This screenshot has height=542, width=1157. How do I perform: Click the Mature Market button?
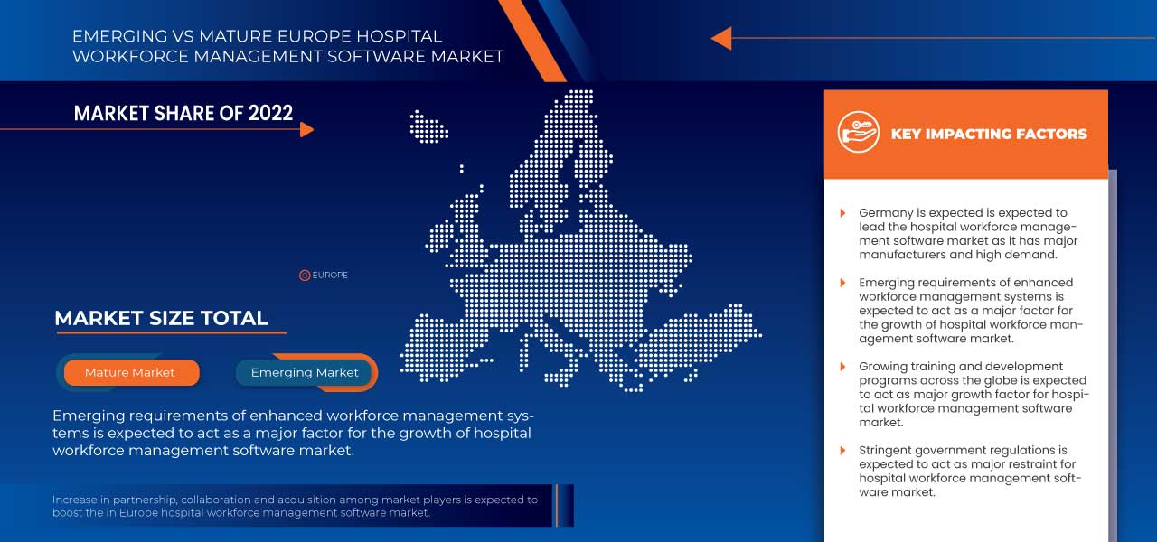pos(131,372)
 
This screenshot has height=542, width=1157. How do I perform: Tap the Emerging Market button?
pos(305,372)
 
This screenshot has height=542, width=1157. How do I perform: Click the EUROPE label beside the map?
pos(330,276)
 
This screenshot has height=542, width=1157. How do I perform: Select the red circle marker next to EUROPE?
pos(305,276)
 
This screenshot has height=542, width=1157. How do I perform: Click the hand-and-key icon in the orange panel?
pos(859,132)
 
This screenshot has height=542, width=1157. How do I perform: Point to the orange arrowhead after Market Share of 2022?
pos(306,129)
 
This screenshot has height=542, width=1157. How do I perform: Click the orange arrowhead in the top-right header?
pos(721,38)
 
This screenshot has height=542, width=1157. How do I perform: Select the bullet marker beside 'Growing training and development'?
pos(843,367)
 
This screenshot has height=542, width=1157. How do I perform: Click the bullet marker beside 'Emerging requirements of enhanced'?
pos(843,283)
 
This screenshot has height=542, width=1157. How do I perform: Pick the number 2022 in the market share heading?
pos(270,113)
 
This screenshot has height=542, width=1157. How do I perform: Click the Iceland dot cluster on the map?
pos(428,126)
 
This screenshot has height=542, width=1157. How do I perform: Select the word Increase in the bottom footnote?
pos(74,500)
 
